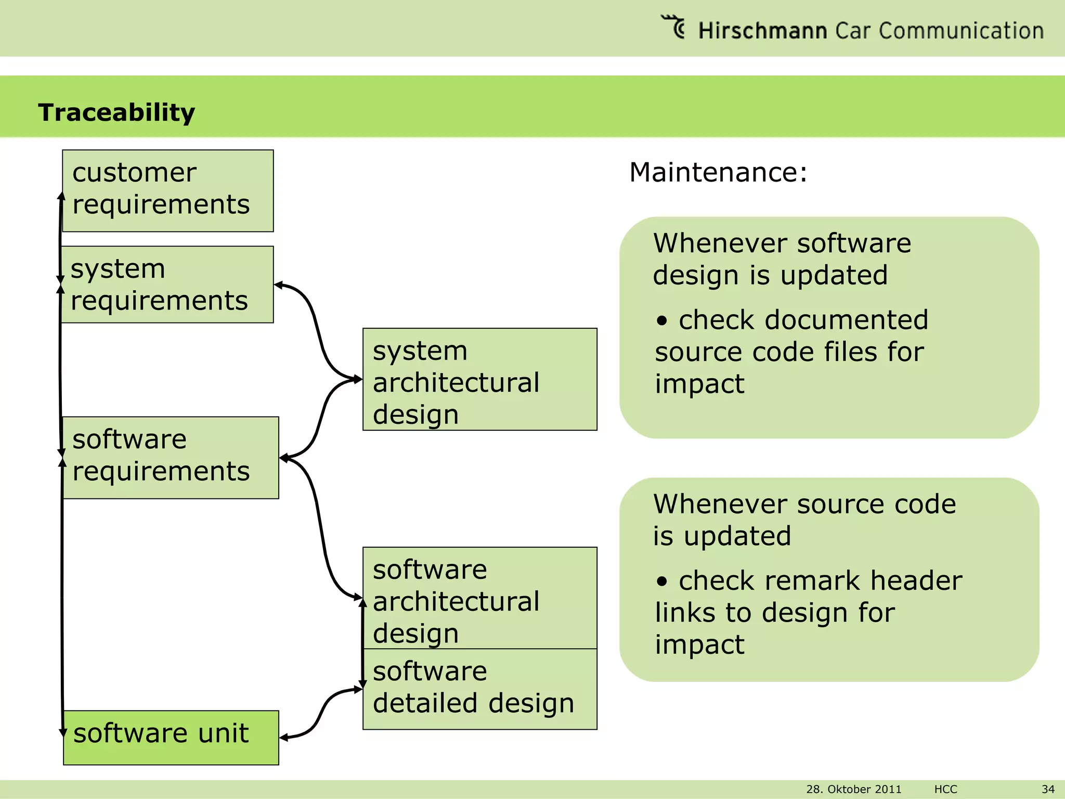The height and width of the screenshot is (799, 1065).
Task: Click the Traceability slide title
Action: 116,112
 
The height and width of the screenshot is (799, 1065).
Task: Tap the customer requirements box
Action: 167,190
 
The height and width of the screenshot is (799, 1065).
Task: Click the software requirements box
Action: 171,457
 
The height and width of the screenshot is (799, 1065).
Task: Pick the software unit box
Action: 171,737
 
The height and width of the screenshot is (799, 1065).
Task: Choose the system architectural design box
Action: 479,379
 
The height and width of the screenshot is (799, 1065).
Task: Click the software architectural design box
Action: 479,598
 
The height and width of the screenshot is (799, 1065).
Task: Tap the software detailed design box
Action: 479,689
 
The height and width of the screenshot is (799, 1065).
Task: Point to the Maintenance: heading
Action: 718,172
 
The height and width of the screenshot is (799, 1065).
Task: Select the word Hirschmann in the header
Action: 762,31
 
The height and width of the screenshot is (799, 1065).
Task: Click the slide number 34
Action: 1048,789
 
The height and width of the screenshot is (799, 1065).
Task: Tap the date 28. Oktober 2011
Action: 853,789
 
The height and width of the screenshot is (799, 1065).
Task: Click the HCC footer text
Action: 945,789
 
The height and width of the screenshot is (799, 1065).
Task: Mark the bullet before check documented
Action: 661,320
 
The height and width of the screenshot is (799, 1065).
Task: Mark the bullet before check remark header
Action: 661,581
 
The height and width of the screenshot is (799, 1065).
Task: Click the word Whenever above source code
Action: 721,504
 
